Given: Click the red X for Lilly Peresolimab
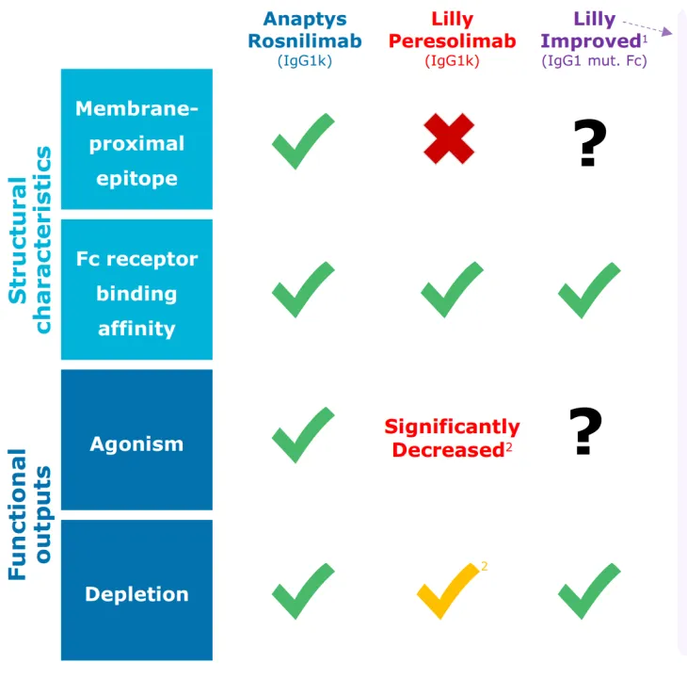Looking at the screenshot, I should pyautogui.click(x=449, y=138).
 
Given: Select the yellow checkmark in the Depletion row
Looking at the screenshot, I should pyautogui.click(x=447, y=590).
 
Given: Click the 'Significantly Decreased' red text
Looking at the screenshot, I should pyautogui.click(x=452, y=438).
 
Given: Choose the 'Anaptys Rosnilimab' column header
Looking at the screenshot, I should pyautogui.click(x=304, y=30).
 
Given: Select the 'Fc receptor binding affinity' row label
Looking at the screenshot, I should pyautogui.click(x=136, y=293).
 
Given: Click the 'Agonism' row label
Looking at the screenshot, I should pyautogui.click(x=136, y=444).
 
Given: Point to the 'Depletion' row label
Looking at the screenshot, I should pyautogui.click(x=136, y=593).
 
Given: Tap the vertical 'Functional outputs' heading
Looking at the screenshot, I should pyautogui.click(x=30, y=513).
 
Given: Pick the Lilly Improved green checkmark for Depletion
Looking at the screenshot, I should pyautogui.click(x=589, y=590).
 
